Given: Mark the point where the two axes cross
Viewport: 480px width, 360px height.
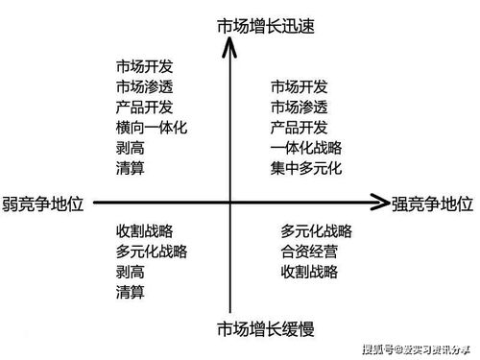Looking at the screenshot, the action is point(230,203).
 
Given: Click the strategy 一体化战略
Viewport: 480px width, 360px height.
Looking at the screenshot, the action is point(306,149).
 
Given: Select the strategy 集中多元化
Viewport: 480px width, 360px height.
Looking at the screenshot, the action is point(306,170).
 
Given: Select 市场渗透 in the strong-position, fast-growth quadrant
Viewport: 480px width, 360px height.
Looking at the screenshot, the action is point(300,107).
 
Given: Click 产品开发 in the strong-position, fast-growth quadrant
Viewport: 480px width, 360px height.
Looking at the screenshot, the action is point(300,128).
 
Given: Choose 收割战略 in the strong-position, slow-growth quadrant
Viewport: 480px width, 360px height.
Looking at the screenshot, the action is point(309,272).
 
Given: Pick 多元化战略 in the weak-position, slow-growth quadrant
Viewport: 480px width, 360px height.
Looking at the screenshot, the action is point(151,252).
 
